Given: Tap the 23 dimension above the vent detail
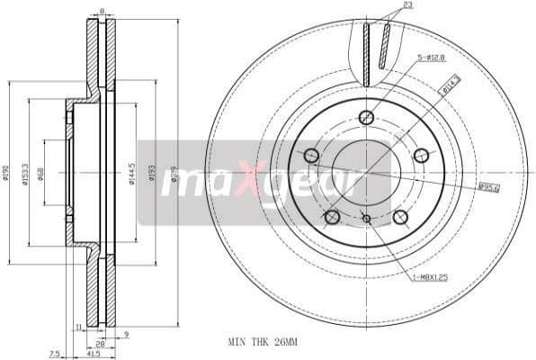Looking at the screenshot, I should click(x=407, y=5).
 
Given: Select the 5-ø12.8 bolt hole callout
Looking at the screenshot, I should click(x=431, y=58).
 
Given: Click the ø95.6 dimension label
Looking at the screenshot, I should click(x=488, y=187).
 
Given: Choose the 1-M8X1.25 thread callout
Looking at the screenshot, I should click(x=430, y=276).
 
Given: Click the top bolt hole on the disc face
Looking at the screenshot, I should click(x=366, y=117).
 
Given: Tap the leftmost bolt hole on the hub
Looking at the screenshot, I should click(x=311, y=156).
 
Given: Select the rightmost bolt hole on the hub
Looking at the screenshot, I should click(x=421, y=156).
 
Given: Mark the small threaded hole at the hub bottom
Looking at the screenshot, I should click(x=366, y=218).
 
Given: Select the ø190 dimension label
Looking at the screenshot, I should click(x=5, y=173).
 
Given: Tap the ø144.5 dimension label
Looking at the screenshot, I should click(x=131, y=173).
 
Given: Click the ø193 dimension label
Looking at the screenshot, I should click(x=151, y=173).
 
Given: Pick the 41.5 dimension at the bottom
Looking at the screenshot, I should click(x=94, y=355).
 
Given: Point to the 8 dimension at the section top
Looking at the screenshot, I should click(x=102, y=11).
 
